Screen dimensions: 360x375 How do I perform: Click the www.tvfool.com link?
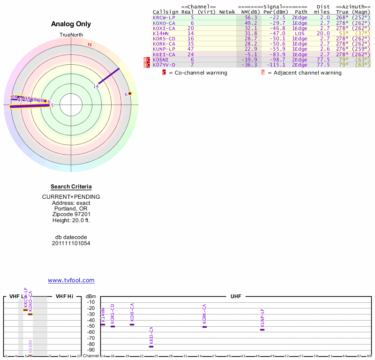coord(71,280)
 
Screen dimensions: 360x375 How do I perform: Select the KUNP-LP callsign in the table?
coord(164,49)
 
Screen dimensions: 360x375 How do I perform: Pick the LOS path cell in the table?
coord(300,33)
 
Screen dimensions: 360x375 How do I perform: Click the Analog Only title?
coord(71,24)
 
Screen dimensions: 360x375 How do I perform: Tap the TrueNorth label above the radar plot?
coord(71,35)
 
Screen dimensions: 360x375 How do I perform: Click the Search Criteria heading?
coord(71,187)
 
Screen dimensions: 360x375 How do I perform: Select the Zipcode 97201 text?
coord(71,214)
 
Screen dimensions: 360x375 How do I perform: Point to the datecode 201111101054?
coord(71,243)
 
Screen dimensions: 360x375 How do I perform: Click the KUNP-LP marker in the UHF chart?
coord(262,330)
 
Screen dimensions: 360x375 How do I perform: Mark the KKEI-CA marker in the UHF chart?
coord(151,346)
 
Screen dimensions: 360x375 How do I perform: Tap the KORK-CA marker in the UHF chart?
coord(204,326)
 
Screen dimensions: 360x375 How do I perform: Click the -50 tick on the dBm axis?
coord(91,326)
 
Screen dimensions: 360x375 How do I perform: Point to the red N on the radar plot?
coord(90,45)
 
